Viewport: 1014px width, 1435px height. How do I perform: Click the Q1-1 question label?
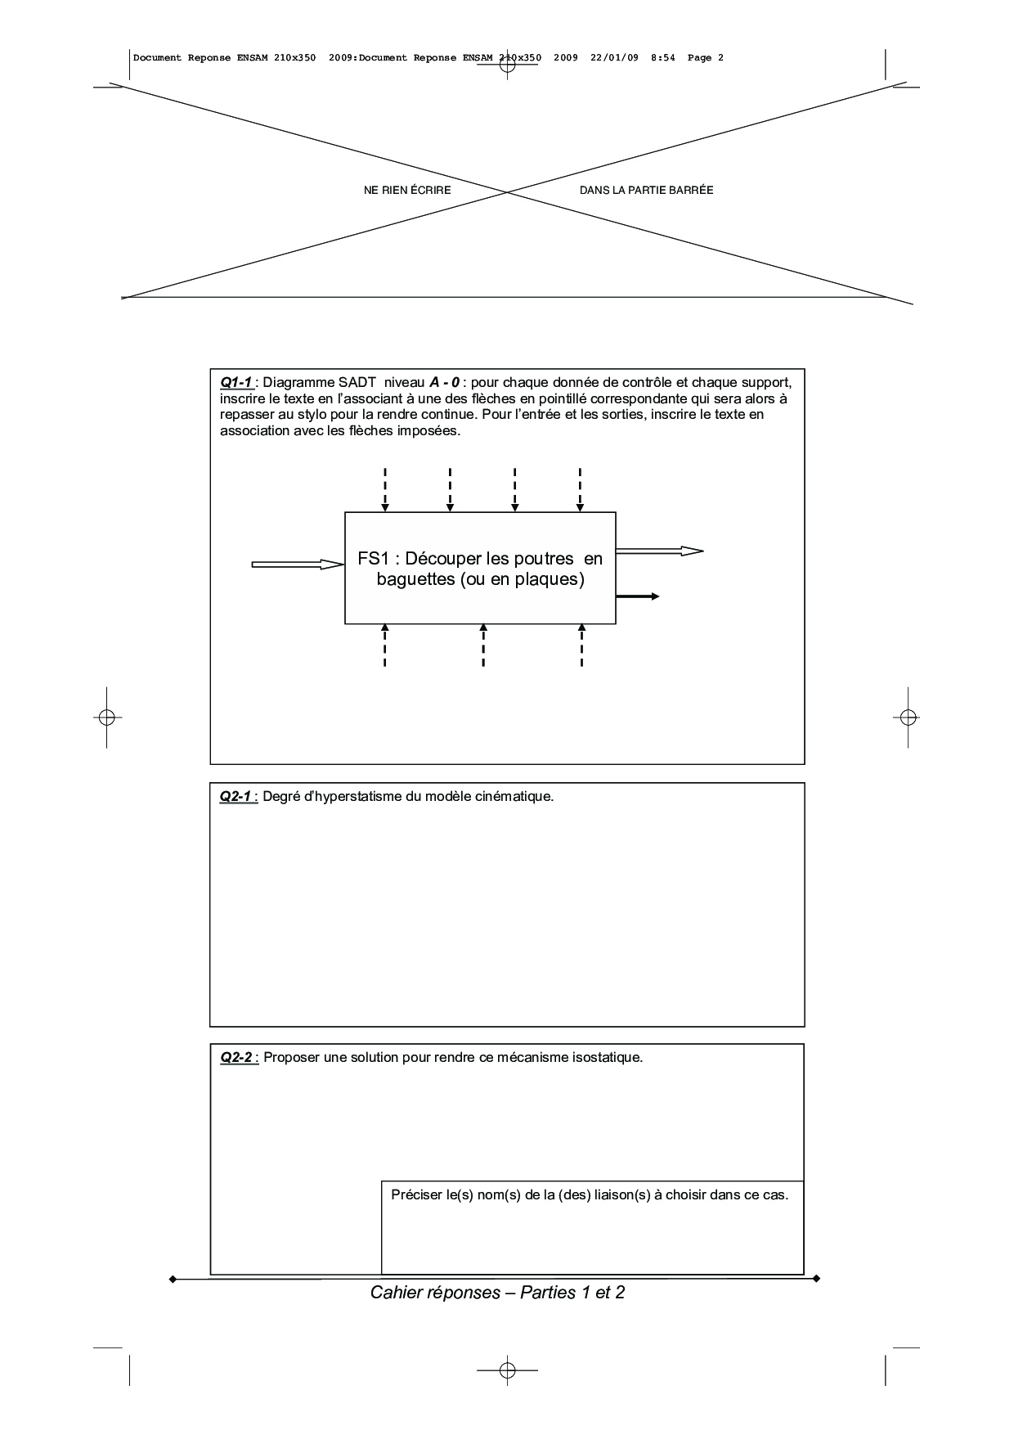point(236,382)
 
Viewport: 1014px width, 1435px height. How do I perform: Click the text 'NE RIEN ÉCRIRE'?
point(407,191)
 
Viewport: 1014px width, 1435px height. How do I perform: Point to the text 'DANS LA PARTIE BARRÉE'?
point(646,191)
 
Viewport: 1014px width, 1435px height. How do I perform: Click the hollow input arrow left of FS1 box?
point(298,564)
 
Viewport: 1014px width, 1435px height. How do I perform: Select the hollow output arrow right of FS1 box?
point(658,551)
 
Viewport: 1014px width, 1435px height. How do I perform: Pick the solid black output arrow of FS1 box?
point(638,596)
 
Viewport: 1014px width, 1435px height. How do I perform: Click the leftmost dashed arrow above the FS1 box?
point(385,489)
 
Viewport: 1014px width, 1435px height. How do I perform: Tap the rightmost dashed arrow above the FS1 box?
point(580,489)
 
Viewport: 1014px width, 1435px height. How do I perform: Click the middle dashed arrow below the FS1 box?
point(483,646)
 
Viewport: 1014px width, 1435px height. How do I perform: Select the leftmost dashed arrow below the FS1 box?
point(385,646)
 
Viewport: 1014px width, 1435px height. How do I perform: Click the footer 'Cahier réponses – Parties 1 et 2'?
point(497,1293)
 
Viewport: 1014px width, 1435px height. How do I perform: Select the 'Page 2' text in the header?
point(706,58)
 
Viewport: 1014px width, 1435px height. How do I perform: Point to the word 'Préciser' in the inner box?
point(416,1194)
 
